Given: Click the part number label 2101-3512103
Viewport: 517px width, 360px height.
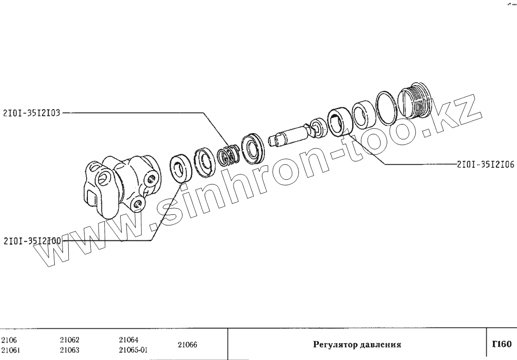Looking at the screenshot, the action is [x=32, y=113].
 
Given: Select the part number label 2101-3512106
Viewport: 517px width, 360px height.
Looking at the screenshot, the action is [x=485, y=164].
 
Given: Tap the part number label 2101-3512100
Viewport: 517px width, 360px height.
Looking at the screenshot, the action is [x=32, y=240].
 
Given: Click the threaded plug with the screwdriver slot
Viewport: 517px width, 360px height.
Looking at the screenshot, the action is [x=416, y=100].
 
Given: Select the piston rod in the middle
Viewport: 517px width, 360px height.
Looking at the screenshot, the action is [x=291, y=134].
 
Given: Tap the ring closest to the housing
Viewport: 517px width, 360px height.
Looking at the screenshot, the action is [x=181, y=168].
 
